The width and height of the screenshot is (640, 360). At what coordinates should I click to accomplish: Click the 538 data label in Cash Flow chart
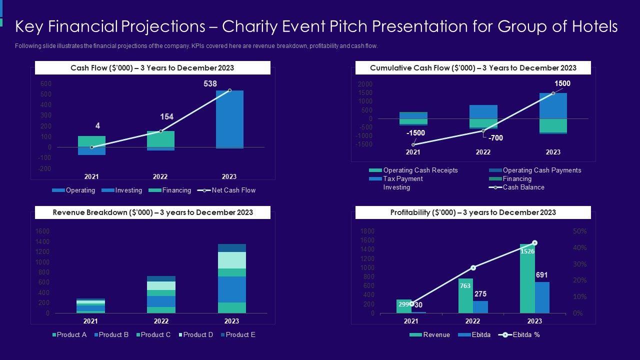pyautogui.click(x=210, y=84)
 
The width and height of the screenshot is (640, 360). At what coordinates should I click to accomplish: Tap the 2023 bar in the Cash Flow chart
pyautogui.click(x=229, y=119)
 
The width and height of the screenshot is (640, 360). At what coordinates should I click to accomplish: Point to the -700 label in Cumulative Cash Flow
pyautogui.click(x=495, y=138)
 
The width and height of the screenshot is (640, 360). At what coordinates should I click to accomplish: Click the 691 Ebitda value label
pyautogui.click(x=542, y=275)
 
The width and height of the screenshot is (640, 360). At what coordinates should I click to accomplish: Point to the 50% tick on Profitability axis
pyautogui.click(x=579, y=231)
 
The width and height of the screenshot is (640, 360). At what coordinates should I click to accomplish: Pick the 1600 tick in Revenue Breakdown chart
pyautogui.click(x=42, y=231)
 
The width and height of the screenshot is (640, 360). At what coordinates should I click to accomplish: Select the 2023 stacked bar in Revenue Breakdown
pyautogui.click(x=231, y=278)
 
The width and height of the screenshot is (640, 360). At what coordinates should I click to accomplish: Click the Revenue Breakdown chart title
pyautogui.click(x=152, y=212)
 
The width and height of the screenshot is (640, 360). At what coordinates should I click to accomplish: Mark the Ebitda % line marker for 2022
pyautogui.click(x=473, y=267)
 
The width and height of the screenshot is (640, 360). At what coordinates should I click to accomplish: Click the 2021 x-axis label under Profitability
pyautogui.click(x=411, y=321)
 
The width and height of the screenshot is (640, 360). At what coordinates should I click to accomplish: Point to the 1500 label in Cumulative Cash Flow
pyautogui.click(x=562, y=84)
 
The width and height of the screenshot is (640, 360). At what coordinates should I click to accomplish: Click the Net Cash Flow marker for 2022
pyautogui.click(x=160, y=131)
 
